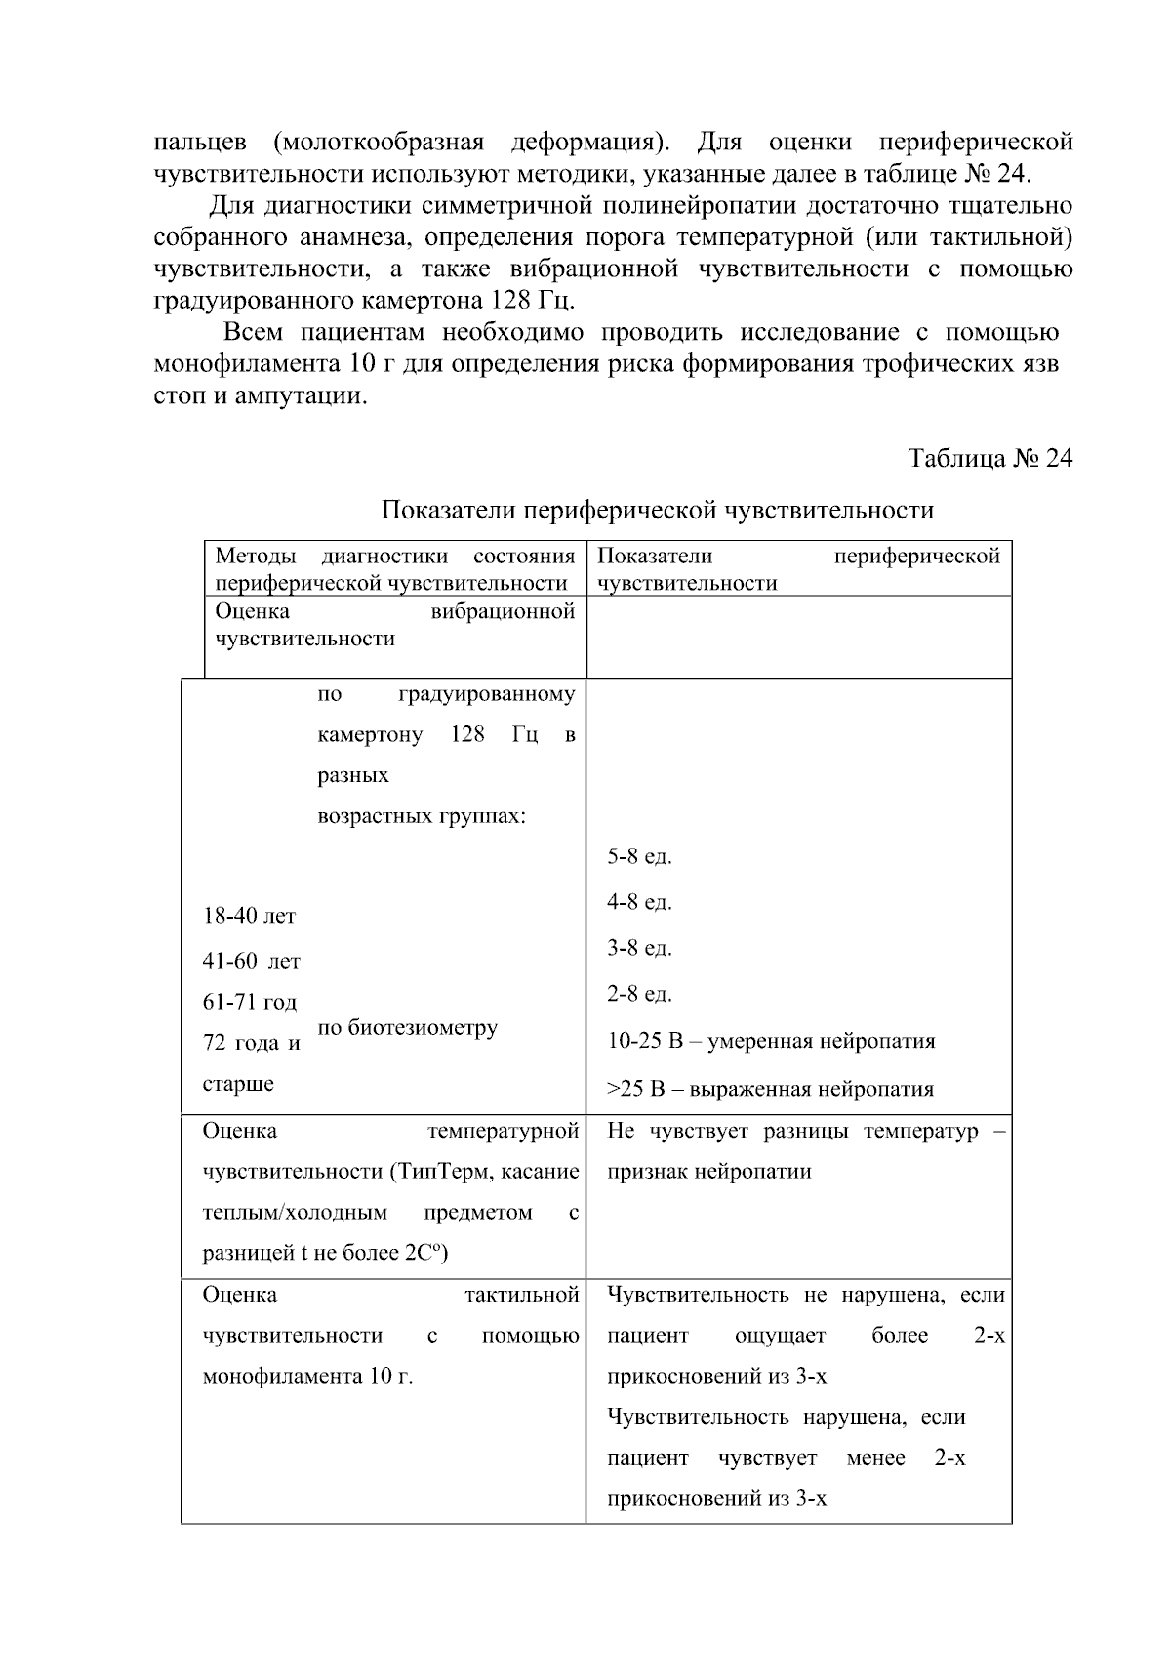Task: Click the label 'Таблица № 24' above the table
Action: [989, 458]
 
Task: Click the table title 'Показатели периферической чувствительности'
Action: [657, 510]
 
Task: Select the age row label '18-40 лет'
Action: [249, 916]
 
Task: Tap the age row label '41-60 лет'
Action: [251, 961]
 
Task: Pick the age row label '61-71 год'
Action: [250, 1002]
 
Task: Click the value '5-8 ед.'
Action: [639, 856]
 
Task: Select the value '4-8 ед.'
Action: [639, 902]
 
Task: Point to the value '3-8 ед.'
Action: [639, 948]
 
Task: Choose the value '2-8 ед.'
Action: [639, 994]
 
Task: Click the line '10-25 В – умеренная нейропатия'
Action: [771, 1041]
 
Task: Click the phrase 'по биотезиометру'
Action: [408, 1027]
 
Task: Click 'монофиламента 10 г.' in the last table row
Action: [307, 1377]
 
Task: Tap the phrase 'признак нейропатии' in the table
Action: [708, 1172]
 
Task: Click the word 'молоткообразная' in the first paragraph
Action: [380, 143]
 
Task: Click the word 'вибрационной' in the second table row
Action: [503, 611]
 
